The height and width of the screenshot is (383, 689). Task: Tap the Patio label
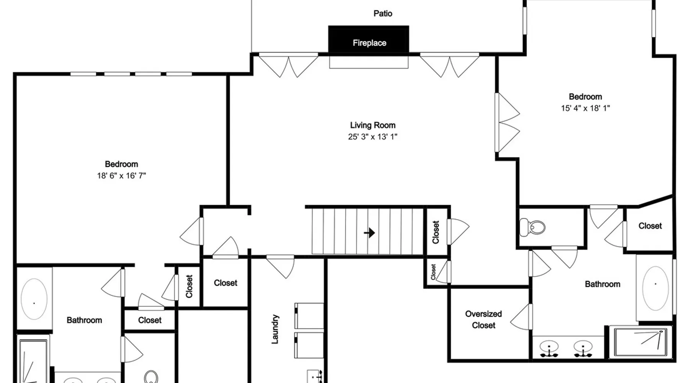[383, 13]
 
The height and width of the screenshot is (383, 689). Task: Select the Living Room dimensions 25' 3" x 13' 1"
[372, 137]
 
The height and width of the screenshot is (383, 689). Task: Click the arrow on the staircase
[369, 232]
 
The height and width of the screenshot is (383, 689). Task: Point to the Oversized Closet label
[483, 319]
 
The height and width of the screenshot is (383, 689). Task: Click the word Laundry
[275, 329]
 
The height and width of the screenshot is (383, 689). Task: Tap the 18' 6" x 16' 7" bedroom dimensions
[121, 176]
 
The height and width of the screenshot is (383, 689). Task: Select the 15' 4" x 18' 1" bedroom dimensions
[585, 108]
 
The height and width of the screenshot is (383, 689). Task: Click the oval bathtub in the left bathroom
[34, 299]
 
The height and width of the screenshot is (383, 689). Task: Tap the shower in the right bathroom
[640, 342]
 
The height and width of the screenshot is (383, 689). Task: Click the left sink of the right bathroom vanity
[549, 348]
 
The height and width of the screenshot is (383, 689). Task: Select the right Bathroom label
[602, 284]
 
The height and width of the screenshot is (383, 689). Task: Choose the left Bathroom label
[84, 320]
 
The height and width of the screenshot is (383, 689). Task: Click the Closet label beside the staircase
[436, 232]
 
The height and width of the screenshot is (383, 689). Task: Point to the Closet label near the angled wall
[650, 226]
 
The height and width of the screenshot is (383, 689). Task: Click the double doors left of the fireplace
[289, 65]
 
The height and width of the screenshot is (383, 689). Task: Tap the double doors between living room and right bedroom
[507, 123]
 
